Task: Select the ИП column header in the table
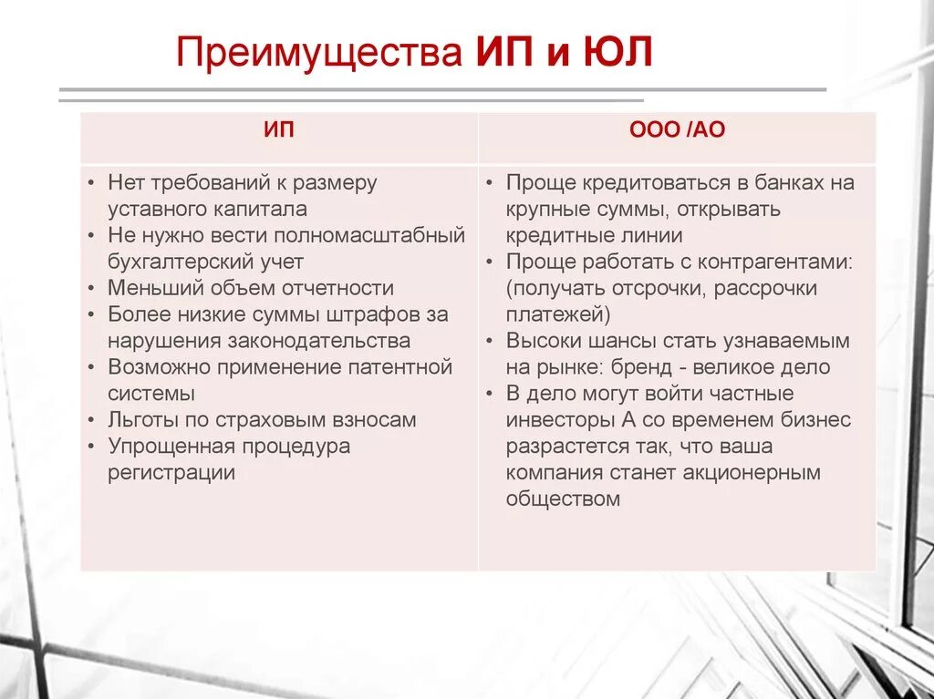(x=279, y=130)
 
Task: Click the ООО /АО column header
(x=677, y=130)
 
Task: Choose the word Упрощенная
(x=171, y=447)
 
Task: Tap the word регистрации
(x=171, y=473)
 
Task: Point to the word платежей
(x=557, y=314)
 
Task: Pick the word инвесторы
(x=551, y=420)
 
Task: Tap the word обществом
(x=563, y=499)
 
